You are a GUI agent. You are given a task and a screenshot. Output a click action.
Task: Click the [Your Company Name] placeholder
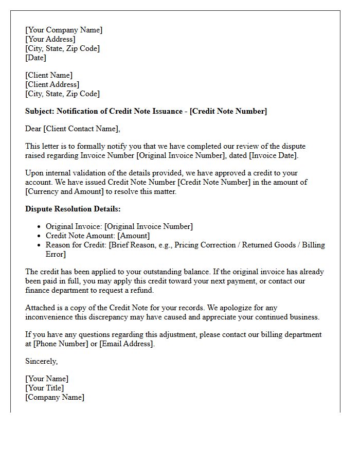click(64, 30)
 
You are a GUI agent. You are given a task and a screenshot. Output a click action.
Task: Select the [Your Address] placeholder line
click(50, 39)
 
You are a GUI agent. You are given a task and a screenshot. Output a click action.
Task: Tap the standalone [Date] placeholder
click(36, 58)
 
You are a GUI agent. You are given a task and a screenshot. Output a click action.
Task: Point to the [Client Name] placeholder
click(49, 75)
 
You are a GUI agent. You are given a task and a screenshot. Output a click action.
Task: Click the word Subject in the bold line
click(39, 111)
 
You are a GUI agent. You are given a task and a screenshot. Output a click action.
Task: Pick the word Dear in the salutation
click(34, 129)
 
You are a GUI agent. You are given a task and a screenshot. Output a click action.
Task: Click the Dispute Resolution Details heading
click(73, 209)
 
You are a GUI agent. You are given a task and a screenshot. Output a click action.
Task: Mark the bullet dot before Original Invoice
click(39, 227)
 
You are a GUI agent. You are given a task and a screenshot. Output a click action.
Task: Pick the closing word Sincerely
click(41, 361)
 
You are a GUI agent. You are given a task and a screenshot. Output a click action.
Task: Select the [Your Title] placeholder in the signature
click(45, 388)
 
